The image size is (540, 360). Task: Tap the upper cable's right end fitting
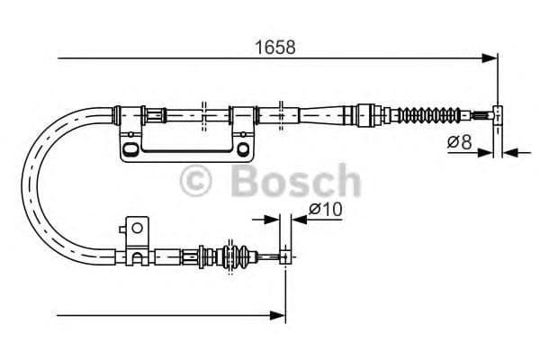(493, 114)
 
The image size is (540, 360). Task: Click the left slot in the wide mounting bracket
(132, 148)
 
